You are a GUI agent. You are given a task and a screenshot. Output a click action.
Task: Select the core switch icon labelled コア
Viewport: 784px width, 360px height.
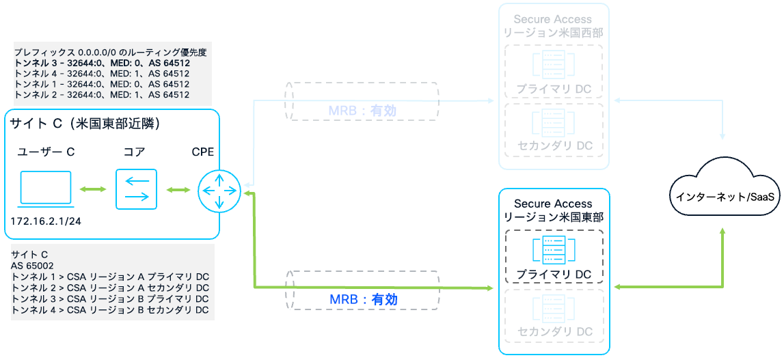(x=137, y=190)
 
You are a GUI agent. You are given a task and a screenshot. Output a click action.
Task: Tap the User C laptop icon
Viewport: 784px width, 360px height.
(x=46, y=189)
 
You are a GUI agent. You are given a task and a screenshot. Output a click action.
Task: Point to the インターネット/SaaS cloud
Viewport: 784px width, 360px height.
(x=725, y=197)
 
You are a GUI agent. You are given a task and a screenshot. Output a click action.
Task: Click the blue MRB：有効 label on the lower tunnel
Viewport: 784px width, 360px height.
(x=364, y=299)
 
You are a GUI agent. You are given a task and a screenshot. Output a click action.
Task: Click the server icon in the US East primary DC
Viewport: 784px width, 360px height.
(x=554, y=250)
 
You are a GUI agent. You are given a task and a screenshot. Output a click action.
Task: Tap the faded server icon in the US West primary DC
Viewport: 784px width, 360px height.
(x=554, y=65)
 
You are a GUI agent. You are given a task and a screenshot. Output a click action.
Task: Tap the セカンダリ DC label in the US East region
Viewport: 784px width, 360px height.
(x=554, y=332)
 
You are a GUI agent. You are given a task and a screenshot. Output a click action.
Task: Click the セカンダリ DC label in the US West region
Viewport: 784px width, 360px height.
(x=554, y=146)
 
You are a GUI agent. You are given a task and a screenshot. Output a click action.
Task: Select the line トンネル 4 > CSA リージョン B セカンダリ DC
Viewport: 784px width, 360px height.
(x=110, y=309)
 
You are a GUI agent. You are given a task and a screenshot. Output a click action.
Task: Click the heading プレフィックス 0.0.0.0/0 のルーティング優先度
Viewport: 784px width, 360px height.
(x=110, y=52)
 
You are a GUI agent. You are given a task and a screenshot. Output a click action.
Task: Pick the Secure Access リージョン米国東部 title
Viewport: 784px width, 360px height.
(x=553, y=210)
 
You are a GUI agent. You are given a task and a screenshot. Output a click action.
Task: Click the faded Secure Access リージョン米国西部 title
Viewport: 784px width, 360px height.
(x=553, y=25)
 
